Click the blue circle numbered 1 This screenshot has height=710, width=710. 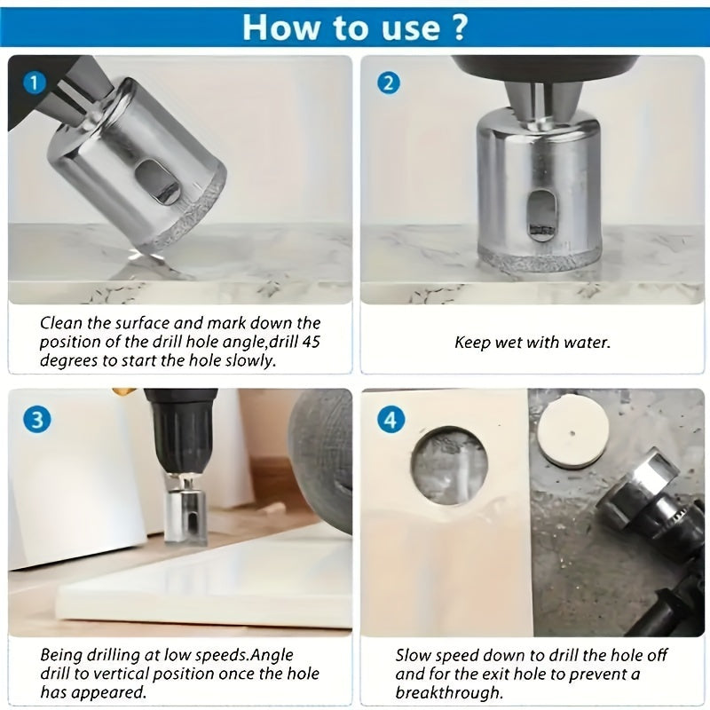pos(35,83)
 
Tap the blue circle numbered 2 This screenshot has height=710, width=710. pos(388,83)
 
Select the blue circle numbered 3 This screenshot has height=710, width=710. pos(36,419)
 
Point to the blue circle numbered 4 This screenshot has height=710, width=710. pos(390,420)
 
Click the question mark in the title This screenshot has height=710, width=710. pos(459,28)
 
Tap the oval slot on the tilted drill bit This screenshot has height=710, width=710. pos(156,183)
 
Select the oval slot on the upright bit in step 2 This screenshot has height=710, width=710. pos(541,214)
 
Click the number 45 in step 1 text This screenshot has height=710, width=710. pos(310,342)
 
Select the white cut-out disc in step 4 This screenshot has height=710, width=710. pos(572,433)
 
